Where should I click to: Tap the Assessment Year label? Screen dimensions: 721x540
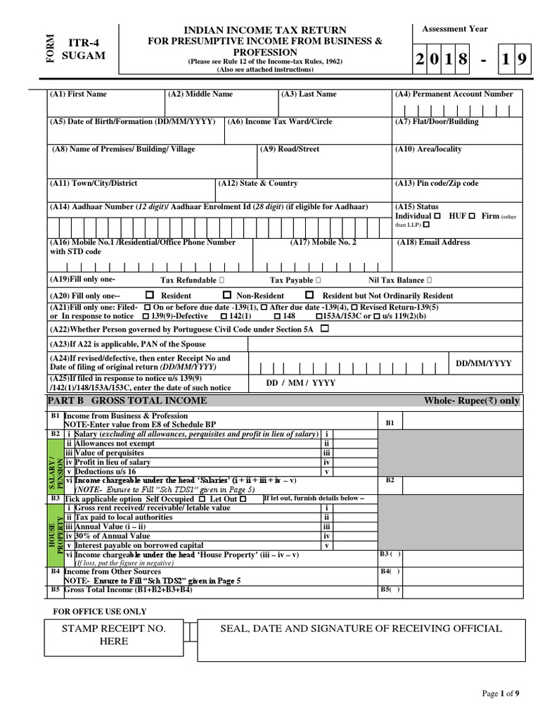click(x=454, y=29)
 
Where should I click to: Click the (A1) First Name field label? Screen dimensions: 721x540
click(x=78, y=94)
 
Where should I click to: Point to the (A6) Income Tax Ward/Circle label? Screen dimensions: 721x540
click(x=280, y=122)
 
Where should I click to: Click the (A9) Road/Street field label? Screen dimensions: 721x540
click(x=290, y=149)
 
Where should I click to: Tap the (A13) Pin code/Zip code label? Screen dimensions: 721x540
click(x=437, y=183)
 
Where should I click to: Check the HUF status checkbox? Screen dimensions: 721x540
click(x=472, y=215)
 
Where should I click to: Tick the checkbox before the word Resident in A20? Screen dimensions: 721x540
click(x=149, y=296)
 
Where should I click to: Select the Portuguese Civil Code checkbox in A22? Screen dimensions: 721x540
click(x=323, y=329)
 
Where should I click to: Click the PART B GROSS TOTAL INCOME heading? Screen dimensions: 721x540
click(x=127, y=401)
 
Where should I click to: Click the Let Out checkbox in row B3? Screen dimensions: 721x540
click(x=243, y=499)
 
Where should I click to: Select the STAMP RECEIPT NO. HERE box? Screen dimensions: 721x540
click(x=114, y=634)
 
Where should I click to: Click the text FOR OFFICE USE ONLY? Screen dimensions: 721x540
click(x=100, y=610)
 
